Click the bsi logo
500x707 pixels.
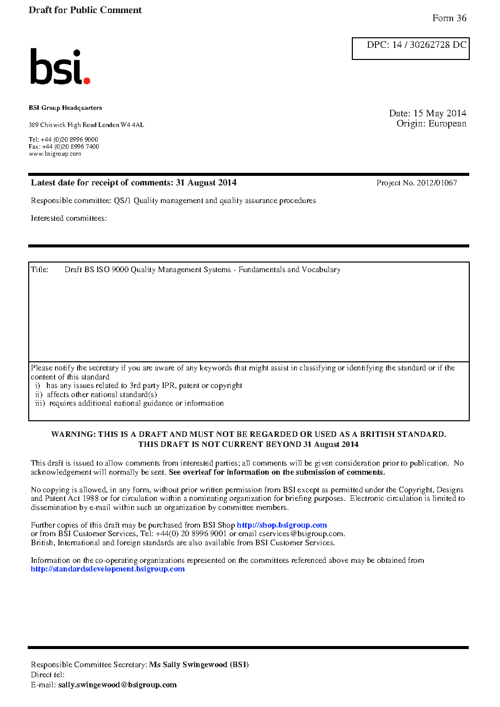point(59,67)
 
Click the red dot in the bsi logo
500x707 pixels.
point(87,80)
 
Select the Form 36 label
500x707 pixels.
point(449,18)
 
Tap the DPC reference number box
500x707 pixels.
point(411,48)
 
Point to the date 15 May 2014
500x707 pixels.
point(440,113)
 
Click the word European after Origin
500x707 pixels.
point(447,123)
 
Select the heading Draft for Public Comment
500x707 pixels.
point(85,10)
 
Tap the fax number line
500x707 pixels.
point(64,147)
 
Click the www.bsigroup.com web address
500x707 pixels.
point(55,154)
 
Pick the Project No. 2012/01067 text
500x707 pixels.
point(416,183)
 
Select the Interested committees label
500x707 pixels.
point(69,218)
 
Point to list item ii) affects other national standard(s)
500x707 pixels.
point(96,395)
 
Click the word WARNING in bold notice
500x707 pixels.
point(73,434)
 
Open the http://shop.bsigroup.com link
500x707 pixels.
point(282,525)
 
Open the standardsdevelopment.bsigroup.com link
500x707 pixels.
point(108,569)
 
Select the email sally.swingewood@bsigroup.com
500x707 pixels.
point(117,685)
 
